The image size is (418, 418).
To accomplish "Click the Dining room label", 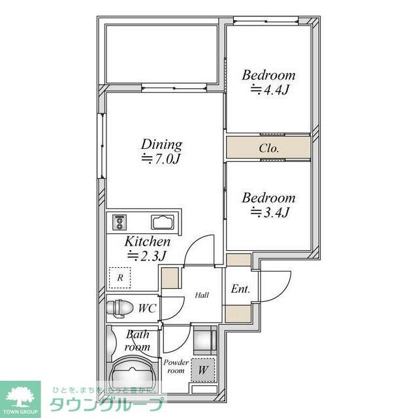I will tap(162, 144).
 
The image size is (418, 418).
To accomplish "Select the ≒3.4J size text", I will tap(268, 212).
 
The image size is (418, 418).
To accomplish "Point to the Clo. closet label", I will tap(268, 148).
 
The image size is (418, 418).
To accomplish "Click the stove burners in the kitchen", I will tap(120, 223).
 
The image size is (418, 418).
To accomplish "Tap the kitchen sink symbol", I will tap(161, 223).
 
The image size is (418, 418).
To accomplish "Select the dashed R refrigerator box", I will tap(120, 278).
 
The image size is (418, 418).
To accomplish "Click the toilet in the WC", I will tap(121, 307).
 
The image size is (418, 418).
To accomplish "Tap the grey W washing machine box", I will tap(202, 370).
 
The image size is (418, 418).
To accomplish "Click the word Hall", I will tap(202, 295).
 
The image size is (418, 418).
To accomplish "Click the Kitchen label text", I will tap(148, 241).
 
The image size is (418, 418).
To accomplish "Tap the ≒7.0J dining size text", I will tap(161, 159).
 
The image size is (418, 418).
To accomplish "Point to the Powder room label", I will tap(176, 366).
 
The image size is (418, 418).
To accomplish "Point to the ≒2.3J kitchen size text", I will tap(148, 255).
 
